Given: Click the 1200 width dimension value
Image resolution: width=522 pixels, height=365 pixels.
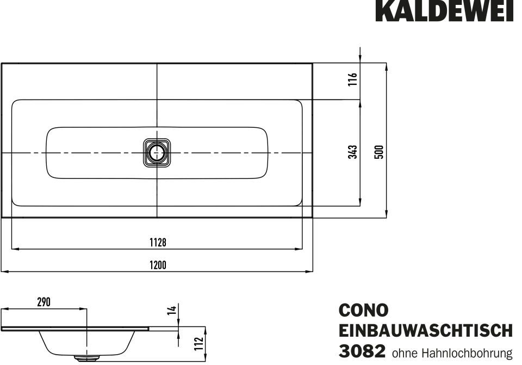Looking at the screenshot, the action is click(158, 265).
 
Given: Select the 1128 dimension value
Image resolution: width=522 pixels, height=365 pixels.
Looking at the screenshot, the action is click(158, 243).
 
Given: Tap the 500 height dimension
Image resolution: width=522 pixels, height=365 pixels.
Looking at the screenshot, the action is click(379, 152).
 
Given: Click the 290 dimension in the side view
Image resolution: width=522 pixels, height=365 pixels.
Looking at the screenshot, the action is click(43, 302).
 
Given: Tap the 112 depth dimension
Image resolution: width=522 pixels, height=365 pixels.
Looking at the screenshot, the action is click(199, 344).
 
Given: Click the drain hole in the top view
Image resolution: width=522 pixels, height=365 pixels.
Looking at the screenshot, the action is click(157, 153).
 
